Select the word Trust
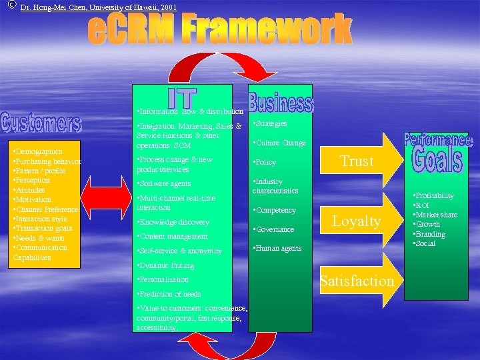pyautogui.click(x=357, y=161)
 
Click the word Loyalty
pyautogui.click(x=357, y=221)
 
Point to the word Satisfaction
pyautogui.click(x=357, y=281)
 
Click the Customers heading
pyautogui.click(x=41, y=122)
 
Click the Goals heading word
pyautogui.click(x=437, y=159)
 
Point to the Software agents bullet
pyautogui.click(x=163, y=183)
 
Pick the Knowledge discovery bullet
pyautogui.click(x=173, y=222)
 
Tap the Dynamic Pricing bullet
pyautogui.click(x=165, y=265)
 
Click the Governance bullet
pyautogui.click(x=273, y=229)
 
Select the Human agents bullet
pyautogui.click(x=277, y=249)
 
